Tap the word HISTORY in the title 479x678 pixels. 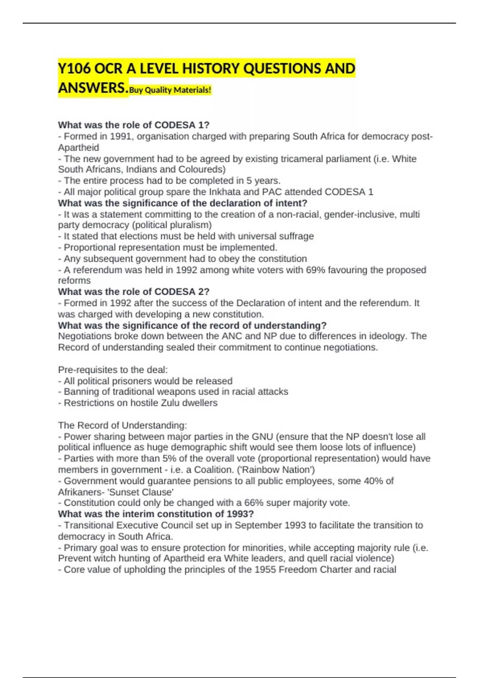coord(210,69)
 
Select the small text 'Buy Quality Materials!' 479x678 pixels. coord(170,90)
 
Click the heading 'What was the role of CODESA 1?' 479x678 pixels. coord(134,125)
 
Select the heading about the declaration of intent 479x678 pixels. coord(182,203)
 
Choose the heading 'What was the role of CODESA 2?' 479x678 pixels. coord(134,292)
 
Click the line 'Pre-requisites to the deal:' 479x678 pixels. coord(113,370)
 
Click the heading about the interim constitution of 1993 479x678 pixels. coord(156,514)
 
